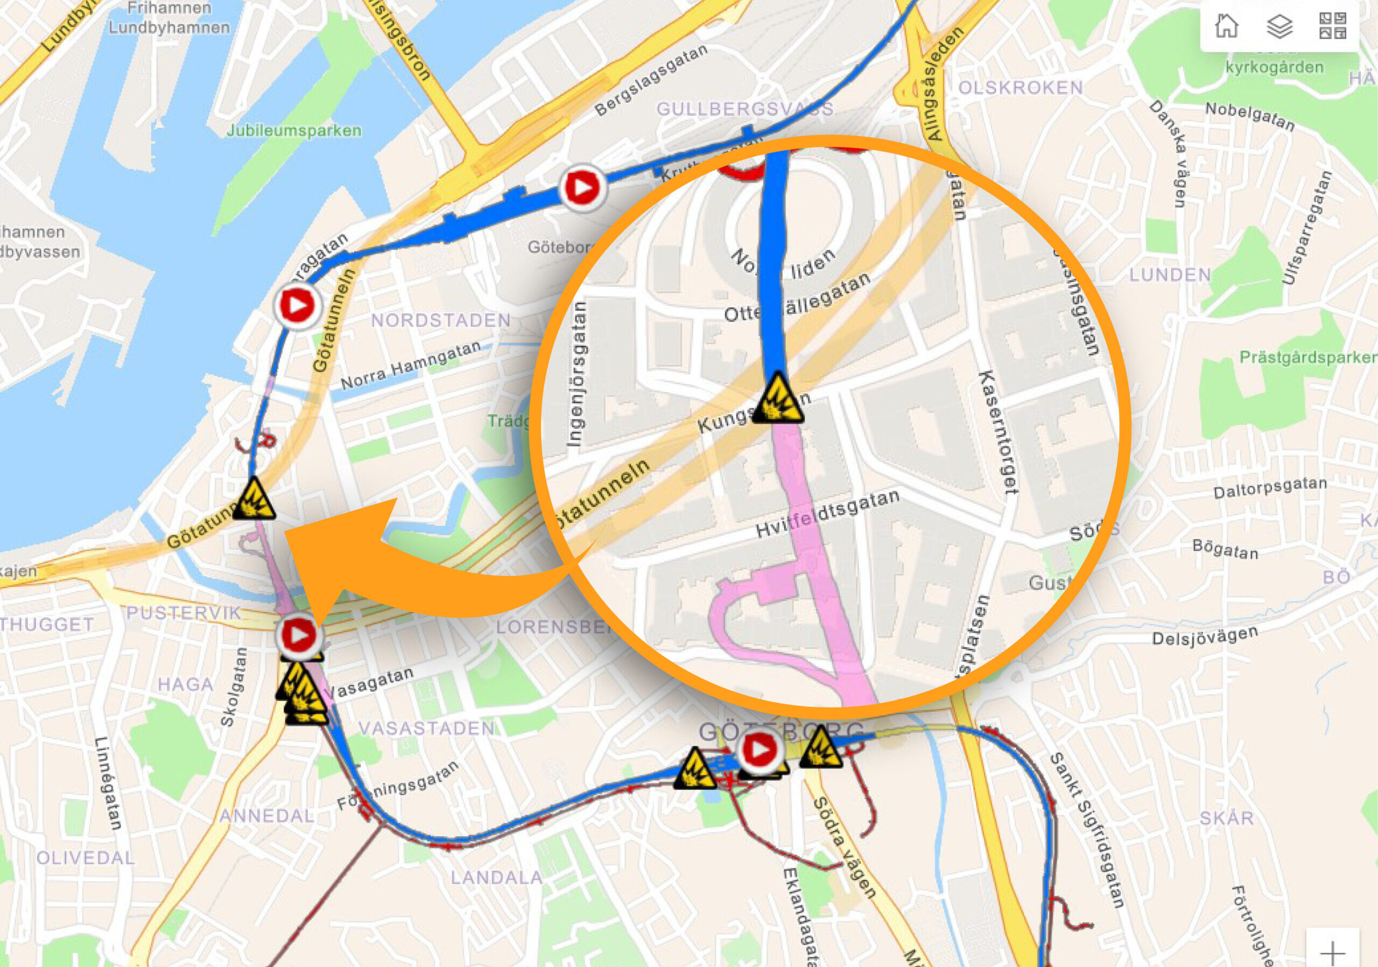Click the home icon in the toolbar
pyautogui.click(x=1226, y=26)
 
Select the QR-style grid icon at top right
pyautogui.click(x=1332, y=26)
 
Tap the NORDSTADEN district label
pyautogui.click(x=440, y=320)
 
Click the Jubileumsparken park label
pyautogui.click(x=293, y=130)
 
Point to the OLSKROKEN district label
pyautogui.click(x=1020, y=88)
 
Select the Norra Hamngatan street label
pyautogui.click(x=411, y=366)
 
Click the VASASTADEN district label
pyautogui.click(x=427, y=728)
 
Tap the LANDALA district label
pyautogui.click(x=497, y=878)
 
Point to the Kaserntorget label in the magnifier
pyautogui.click(x=998, y=433)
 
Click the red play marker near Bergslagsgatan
pyautogui.click(x=581, y=187)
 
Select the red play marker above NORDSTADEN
pyautogui.click(x=297, y=305)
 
